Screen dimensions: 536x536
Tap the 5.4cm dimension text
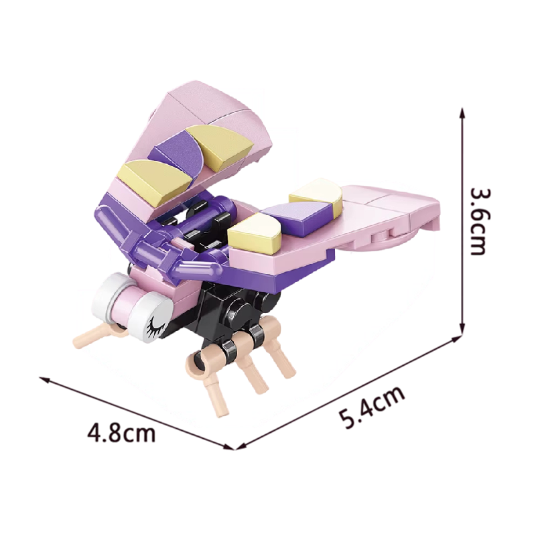tap(372, 407)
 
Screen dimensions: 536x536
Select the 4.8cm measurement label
tap(121, 433)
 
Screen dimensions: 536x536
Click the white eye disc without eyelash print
tap(106, 297)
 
